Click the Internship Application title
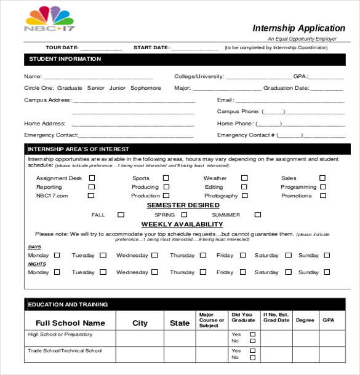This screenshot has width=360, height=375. [298, 28]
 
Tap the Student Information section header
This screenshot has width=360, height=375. [63, 59]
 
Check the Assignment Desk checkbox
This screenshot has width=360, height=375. [92, 178]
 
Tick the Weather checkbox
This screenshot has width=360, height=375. [244, 178]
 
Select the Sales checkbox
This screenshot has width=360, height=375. [322, 178]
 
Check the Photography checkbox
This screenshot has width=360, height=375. [244, 195]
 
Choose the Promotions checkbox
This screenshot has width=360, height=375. [322, 195]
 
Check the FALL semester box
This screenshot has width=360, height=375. [121, 215]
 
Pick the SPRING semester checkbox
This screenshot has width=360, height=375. [184, 215]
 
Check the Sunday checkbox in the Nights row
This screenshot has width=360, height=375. [326, 272]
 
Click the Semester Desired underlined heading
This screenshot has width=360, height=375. [183, 205]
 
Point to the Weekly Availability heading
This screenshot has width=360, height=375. [182, 224]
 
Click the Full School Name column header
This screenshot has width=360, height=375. [70, 323]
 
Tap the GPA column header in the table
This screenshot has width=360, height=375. [329, 320]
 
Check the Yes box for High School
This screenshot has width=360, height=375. [252, 334]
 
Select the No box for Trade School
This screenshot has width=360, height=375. [252, 357]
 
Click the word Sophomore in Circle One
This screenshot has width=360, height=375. [145, 88]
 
